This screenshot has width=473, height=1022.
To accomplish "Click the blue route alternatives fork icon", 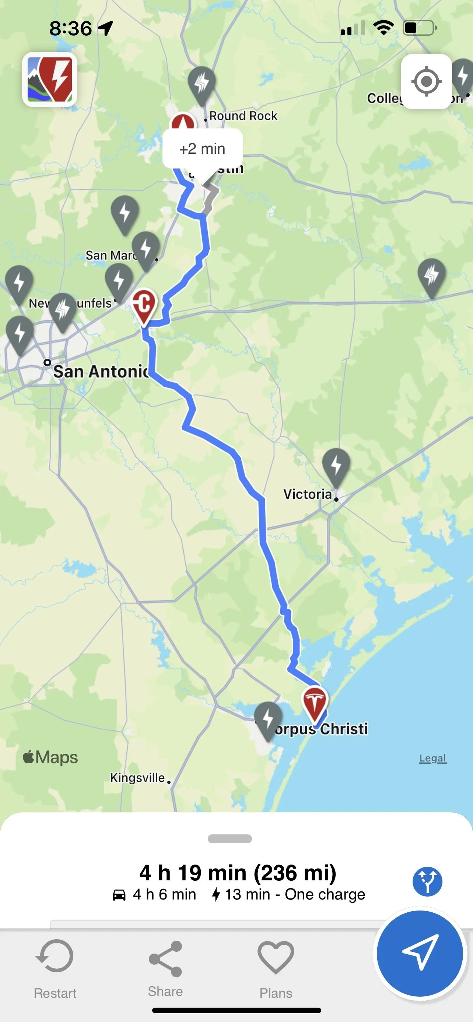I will pos(427,881).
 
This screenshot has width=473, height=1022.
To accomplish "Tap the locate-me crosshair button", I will pos(426,82).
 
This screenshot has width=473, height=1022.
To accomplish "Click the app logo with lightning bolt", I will pos(50,79).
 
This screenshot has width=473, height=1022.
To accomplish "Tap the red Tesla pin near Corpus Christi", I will pos(315,703).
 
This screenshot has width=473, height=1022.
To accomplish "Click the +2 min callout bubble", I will pos(202,149).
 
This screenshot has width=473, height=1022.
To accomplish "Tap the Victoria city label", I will pos(307,494).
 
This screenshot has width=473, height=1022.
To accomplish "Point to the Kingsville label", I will pos(137,778).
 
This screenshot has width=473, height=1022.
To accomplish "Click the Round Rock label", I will pos(243,116).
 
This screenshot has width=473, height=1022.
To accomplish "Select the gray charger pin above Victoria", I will pos(336,465).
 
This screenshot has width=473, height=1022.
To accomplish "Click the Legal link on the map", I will pos(432,758).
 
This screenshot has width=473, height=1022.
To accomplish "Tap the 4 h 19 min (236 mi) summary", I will pos(238,873).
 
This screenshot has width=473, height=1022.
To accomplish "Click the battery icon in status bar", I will pos(419,28).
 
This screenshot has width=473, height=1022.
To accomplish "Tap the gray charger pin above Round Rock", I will pos(202,83).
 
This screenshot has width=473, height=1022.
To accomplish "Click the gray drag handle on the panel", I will pos(230,839).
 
